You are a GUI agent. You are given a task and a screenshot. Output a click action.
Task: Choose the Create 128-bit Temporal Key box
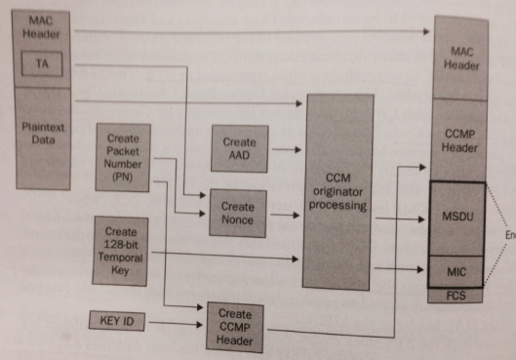coord(122,251)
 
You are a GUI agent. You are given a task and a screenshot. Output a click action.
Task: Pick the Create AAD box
coord(239,149)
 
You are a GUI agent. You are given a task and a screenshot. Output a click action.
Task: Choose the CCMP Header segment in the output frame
coord(459,140)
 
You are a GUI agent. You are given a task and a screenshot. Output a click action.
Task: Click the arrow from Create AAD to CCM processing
coord(287,150)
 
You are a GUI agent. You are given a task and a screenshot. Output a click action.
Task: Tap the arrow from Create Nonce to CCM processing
coord(287,214)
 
